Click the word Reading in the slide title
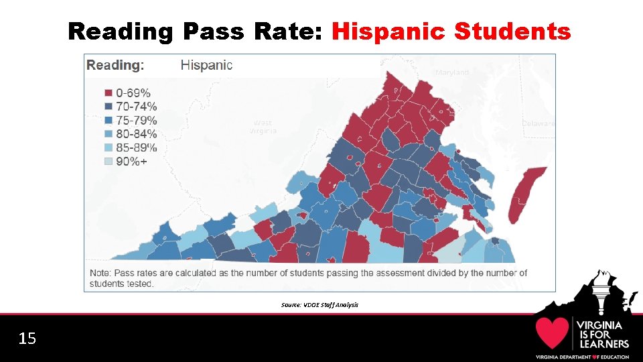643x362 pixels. click(121, 32)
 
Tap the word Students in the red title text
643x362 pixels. click(512, 31)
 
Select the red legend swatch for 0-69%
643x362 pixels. click(108, 93)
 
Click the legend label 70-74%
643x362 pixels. click(136, 107)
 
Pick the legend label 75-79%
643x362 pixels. click(136, 121)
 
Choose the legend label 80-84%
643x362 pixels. click(136, 134)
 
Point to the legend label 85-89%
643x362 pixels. click(136, 147)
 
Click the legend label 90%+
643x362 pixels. click(133, 162)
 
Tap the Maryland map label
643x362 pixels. click(452, 72)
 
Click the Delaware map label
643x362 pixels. click(539, 124)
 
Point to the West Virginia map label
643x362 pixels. click(262, 127)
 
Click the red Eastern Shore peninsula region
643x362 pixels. click(522, 194)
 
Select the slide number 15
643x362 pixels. click(27, 339)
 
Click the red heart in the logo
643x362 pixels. click(552, 333)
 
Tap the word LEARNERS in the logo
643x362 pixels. click(603, 344)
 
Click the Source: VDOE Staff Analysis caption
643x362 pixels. click(319, 305)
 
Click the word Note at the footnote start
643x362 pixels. click(100, 273)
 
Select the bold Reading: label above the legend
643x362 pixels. click(115, 65)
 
